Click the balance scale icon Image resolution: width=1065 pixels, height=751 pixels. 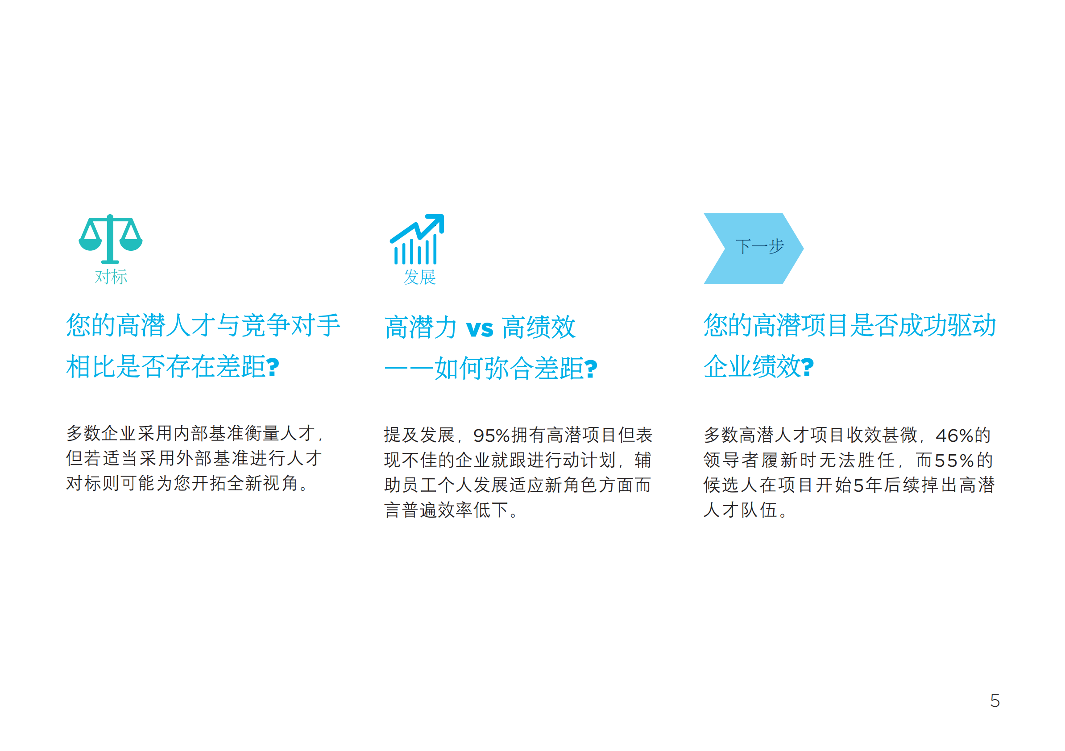110,238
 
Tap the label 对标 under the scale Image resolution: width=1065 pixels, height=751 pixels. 111,277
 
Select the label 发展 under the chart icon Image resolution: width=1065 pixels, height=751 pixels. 419,278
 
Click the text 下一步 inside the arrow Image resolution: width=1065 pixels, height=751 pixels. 759,246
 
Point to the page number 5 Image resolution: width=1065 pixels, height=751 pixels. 995,701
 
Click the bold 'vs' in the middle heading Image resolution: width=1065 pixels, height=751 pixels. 480,328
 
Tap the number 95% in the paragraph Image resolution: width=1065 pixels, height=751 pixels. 491,436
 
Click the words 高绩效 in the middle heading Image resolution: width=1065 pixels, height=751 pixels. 539,328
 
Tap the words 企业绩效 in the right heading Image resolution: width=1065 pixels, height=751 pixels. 751,367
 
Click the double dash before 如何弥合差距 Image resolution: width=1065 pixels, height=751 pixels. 409,369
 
